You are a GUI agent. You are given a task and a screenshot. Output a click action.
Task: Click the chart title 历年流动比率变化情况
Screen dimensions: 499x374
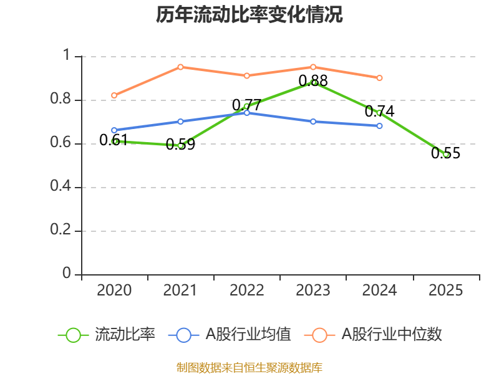[x=249, y=14]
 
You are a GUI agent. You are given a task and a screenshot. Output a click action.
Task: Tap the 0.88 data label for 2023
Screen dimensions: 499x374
[x=313, y=80]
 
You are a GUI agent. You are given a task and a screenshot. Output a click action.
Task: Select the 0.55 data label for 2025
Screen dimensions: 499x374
[x=445, y=153]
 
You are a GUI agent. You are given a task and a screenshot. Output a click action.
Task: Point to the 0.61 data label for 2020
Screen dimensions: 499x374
[x=114, y=140]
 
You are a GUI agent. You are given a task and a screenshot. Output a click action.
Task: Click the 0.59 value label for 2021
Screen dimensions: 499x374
[x=180, y=145]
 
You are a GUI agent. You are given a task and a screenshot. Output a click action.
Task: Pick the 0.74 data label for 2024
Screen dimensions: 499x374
[x=379, y=112]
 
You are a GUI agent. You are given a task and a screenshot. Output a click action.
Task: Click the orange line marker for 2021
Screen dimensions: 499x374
[x=180, y=67]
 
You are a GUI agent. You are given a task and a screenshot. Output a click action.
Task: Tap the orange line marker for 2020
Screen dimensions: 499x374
[x=114, y=95]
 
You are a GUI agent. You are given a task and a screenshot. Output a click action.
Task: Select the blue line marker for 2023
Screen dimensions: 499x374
[x=313, y=122]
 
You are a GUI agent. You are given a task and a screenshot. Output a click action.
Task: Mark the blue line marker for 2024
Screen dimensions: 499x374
[x=379, y=126]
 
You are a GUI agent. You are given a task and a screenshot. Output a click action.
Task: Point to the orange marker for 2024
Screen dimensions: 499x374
[x=379, y=78]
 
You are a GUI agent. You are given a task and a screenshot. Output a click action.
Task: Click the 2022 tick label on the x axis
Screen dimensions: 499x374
[x=246, y=290]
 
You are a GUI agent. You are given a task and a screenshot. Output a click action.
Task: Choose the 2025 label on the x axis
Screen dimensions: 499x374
[x=445, y=290]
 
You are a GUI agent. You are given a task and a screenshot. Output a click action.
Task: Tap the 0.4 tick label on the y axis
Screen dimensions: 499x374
[x=61, y=186]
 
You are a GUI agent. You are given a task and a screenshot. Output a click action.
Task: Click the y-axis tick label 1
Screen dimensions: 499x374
[x=67, y=55]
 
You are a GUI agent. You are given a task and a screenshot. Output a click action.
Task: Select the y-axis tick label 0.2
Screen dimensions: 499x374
[x=61, y=229]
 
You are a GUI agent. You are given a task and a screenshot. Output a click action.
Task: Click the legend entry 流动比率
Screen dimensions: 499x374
[x=107, y=335]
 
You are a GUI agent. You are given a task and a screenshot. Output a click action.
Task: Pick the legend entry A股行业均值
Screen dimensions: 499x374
[x=230, y=335]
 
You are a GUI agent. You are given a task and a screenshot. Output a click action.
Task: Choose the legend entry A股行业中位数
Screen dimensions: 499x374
[x=373, y=335]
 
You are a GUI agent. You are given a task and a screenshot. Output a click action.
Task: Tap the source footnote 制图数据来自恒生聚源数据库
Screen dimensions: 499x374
[x=249, y=367]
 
